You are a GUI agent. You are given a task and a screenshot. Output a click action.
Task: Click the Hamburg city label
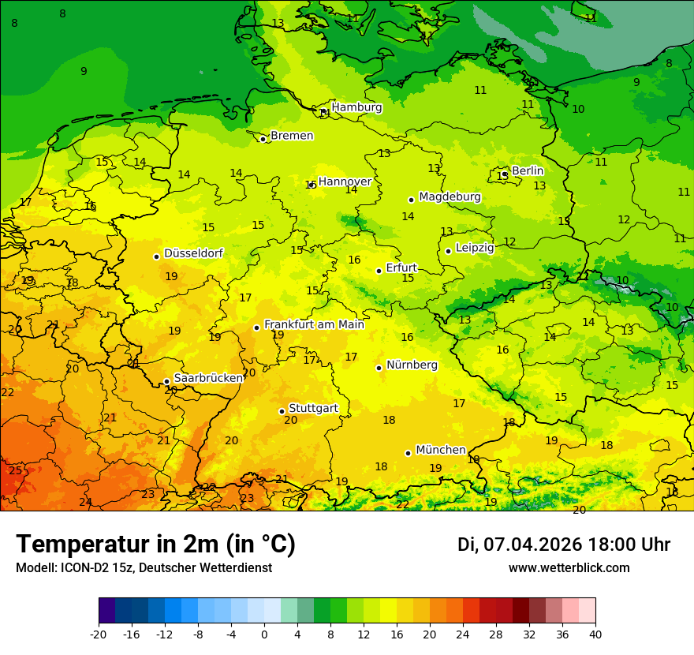tap(356, 107)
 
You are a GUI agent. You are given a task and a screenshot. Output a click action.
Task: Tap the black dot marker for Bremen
tap(263, 139)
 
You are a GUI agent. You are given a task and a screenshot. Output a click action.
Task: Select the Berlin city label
tap(528, 170)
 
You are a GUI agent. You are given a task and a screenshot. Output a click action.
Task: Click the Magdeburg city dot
tap(411, 200)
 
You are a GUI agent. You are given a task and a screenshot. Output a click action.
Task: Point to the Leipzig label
tap(475, 248)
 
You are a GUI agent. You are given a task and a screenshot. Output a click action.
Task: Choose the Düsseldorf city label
tap(193, 253)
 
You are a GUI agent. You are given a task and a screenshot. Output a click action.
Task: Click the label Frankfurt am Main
tap(314, 324)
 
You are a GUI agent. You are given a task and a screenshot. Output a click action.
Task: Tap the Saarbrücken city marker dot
tap(166, 381)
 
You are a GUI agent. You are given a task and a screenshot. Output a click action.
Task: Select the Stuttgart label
tap(313, 408)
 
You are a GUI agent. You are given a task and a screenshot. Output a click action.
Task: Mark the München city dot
tap(408, 453)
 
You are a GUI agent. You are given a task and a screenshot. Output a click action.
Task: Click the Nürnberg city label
tap(412, 365)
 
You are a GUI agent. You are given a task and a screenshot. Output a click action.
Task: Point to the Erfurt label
tap(401, 268)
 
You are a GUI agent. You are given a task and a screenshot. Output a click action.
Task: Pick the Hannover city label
tap(345, 182)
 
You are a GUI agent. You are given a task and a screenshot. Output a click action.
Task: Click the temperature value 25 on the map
tap(16, 470)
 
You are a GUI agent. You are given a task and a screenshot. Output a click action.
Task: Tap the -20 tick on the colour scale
tap(99, 634)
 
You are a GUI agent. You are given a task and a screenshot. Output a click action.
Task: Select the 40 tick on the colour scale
tap(595, 634)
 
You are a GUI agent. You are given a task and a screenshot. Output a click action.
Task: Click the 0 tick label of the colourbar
tap(264, 634)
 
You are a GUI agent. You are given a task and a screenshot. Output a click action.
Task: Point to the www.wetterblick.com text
tap(569, 567)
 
